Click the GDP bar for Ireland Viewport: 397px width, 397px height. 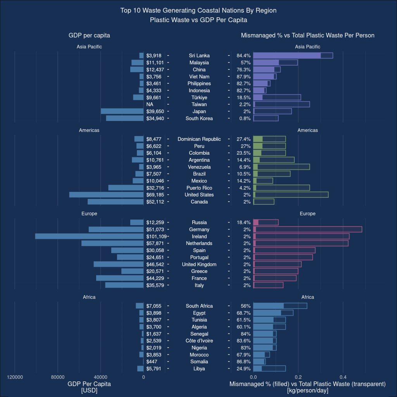coord(89,236)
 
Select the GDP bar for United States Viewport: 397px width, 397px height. coord(106,195)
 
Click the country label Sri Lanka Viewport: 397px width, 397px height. coord(199,55)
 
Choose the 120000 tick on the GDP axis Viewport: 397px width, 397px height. coord(15,376)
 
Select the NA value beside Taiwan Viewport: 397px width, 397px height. coord(150,104)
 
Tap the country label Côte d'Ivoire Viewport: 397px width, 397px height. coord(199,341)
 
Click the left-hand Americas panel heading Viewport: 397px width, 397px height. coord(89,130)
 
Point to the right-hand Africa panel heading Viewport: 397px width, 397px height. coord(308,297)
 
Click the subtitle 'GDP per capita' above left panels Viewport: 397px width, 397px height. coord(89,35)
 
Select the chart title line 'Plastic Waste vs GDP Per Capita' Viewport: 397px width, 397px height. coord(198,20)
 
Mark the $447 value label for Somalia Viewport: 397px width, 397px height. coord(152,362)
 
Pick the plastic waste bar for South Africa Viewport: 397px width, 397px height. coord(280,306)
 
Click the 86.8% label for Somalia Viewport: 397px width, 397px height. coord(243,362)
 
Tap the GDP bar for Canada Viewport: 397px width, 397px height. coord(116,202)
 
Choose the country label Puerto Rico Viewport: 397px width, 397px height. coord(199,188)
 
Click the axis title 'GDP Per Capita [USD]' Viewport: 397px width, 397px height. coord(89,387)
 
